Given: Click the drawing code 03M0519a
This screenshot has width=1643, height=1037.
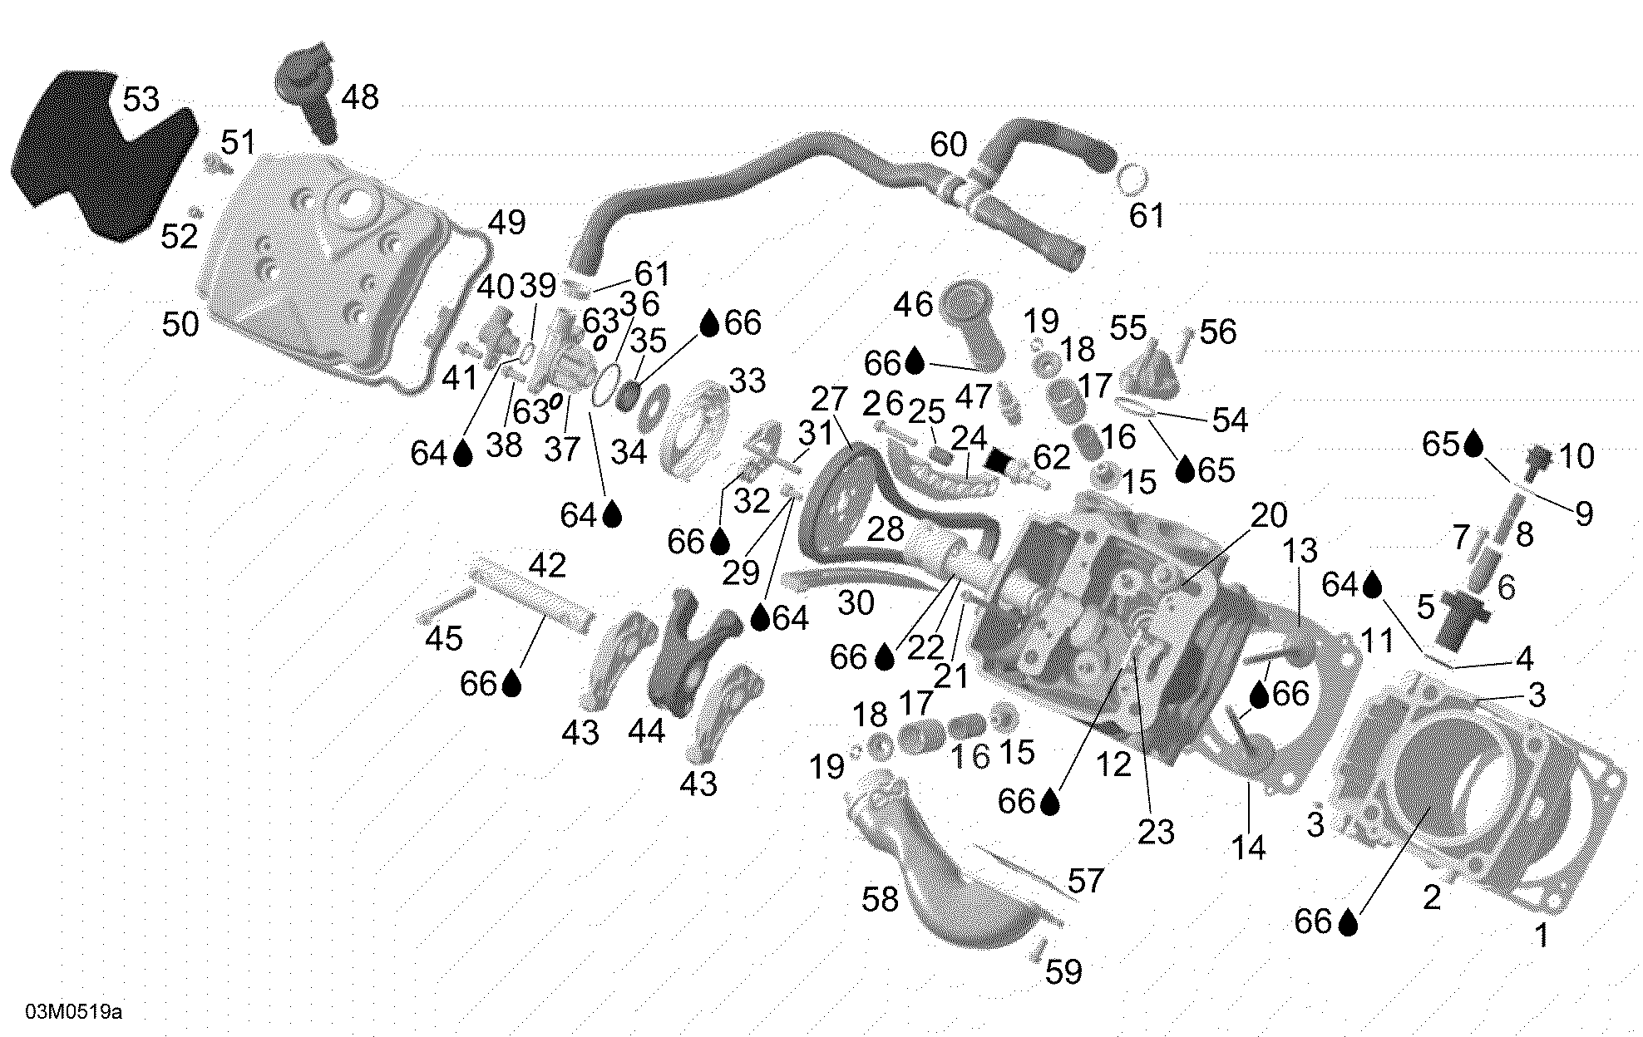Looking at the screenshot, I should click(x=73, y=1012).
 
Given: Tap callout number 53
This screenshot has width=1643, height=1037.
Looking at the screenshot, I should click(x=141, y=100).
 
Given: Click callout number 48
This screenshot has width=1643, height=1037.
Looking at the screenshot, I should click(x=360, y=97).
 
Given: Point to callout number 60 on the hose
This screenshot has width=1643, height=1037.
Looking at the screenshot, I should click(x=948, y=145).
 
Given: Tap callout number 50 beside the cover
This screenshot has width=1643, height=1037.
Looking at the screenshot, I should click(x=180, y=324).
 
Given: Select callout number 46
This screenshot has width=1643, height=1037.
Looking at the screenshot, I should click(x=913, y=304).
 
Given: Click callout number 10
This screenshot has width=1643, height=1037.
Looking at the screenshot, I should click(x=1576, y=456).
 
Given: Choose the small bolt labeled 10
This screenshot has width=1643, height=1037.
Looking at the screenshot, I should click(x=1539, y=460).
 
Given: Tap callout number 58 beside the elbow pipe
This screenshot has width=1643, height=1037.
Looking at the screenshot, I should click(x=881, y=899).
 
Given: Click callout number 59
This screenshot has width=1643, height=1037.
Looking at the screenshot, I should click(x=1063, y=971).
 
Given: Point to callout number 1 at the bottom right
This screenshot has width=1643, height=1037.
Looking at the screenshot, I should click(x=1542, y=936).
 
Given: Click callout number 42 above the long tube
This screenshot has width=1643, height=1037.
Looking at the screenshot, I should click(x=547, y=566).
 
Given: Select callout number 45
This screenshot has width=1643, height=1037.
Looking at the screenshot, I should click(x=443, y=638).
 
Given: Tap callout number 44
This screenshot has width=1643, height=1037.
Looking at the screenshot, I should click(x=646, y=731).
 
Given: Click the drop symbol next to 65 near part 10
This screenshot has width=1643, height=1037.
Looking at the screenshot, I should click(x=1473, y=444).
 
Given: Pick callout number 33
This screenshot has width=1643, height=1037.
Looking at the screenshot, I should click(x=747, y=381).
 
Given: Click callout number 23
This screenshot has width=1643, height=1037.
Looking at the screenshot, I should click(x=1156, y=832).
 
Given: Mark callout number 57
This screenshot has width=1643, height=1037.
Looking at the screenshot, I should click(x=1086, y=881).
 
